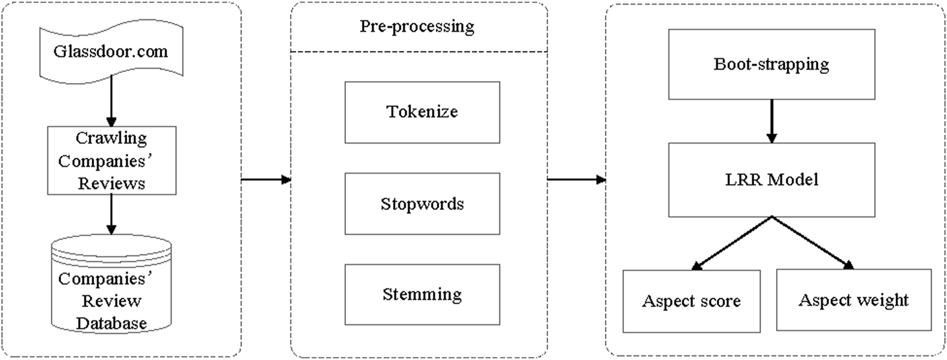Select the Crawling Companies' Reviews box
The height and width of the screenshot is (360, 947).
point(111,160)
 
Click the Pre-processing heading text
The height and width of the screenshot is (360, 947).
point(417,27)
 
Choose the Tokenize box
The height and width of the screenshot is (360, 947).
point(422,112)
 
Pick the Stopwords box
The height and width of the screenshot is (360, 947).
point(422,204)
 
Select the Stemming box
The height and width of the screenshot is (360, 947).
point(422,295)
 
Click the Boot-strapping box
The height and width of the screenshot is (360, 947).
point(770,64)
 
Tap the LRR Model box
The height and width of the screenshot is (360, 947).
point(770,179)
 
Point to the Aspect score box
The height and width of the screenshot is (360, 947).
point(691,301)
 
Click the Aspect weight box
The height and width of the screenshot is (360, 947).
point(853,300)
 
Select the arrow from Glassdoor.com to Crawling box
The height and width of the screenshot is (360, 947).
point(111,100)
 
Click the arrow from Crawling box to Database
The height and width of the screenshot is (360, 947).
point(111,215)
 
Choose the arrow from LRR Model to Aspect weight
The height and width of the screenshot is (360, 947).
point(811,243)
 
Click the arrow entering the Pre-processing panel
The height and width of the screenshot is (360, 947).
point(266,179)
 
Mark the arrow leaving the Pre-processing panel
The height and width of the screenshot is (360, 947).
point(576,179)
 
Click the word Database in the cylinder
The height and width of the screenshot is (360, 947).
point(111,322)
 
